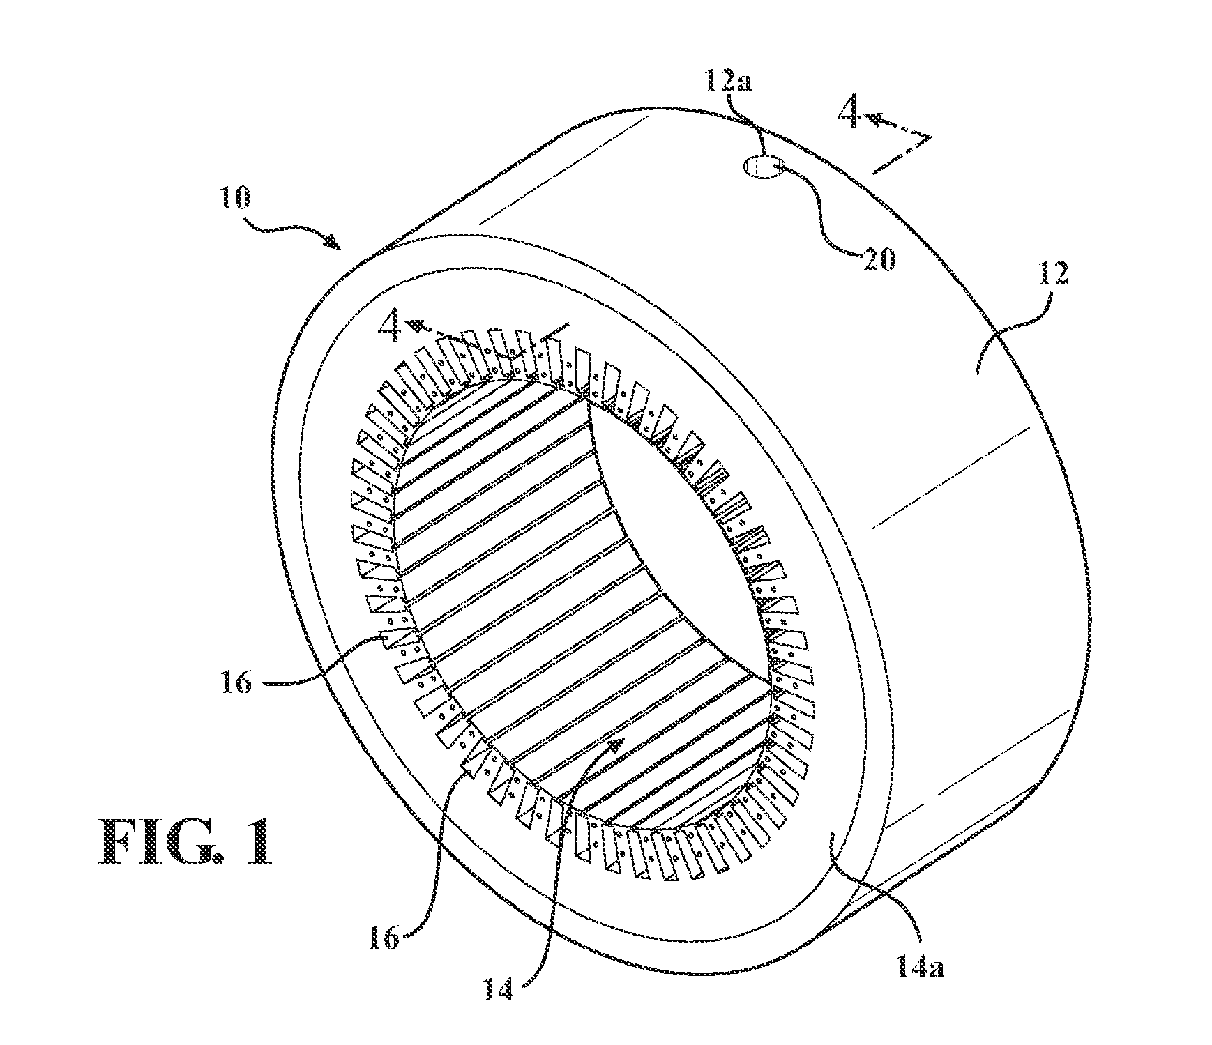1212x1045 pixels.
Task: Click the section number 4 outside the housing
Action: [849, 114]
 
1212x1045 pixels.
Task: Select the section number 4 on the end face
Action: [389, 326]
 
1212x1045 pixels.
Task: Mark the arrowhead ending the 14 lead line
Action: [615, 746]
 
